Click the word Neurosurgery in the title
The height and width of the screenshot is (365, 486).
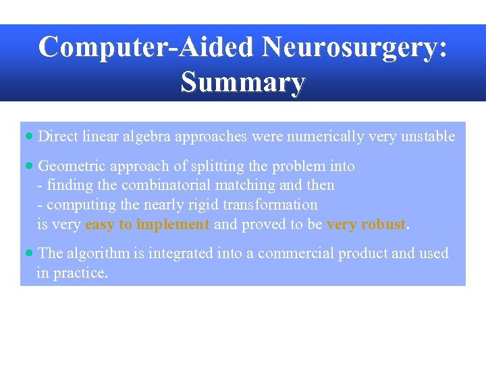click(x=354, y=48)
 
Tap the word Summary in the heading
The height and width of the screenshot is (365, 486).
click(x=243, y=82)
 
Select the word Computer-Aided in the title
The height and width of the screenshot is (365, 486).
click(x=146, y=48)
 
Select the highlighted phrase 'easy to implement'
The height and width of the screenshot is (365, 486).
click(x=148, y=224)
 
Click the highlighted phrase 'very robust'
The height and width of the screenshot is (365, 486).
click(x=367, y=224)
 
